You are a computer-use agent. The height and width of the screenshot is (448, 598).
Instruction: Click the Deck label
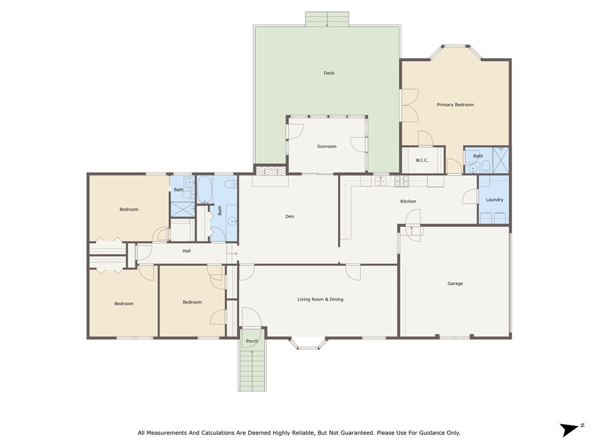coord(329,73)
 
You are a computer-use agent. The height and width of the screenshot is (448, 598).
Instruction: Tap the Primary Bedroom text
coord(455,105)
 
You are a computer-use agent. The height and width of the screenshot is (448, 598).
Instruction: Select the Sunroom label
coord(326,146)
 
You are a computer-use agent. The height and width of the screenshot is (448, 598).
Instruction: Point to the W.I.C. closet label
coord(422,160)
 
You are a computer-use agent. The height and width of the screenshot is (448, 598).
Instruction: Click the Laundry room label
coord(494,200)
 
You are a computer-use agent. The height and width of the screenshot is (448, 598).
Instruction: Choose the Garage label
coord(455,283)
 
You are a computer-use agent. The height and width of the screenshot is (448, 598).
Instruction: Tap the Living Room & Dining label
coord(320,299)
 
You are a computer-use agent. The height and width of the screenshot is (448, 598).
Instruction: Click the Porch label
coord(252,341)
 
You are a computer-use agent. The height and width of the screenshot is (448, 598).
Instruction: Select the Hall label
coord(186,251)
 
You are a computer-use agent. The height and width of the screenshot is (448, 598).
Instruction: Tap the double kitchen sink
coord(380,181)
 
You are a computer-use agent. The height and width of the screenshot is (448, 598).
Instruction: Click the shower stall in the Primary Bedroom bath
coord(500,160)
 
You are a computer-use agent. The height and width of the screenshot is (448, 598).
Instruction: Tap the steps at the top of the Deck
coord(327,19)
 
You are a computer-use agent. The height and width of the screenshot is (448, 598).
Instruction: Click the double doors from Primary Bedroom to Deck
coord(410,105)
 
